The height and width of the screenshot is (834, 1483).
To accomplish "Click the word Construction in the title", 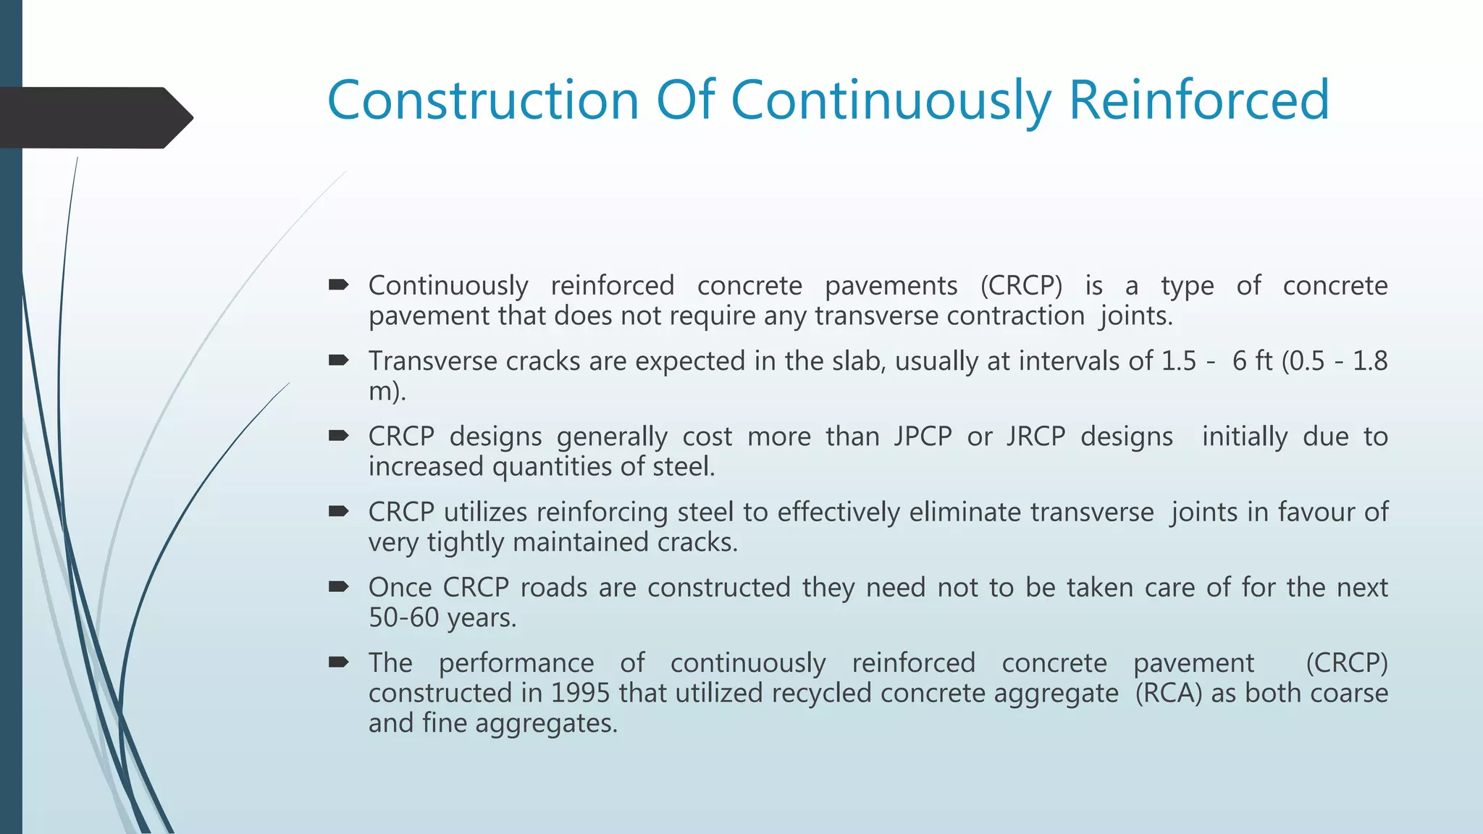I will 483,100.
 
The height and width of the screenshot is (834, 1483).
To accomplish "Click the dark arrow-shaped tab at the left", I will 94,118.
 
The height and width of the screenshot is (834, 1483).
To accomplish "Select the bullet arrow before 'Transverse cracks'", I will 338,361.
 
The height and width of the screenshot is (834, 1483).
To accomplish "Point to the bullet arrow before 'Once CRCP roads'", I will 338,587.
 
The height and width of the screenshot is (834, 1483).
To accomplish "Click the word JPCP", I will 922,437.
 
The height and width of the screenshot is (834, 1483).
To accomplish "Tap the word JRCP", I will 1035,437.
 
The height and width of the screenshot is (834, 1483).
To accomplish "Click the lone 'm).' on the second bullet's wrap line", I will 387,392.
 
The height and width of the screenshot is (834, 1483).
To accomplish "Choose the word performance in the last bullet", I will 516,663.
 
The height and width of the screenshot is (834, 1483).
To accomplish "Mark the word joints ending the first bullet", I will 1135,316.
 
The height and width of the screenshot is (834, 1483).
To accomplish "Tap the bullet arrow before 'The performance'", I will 338,663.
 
